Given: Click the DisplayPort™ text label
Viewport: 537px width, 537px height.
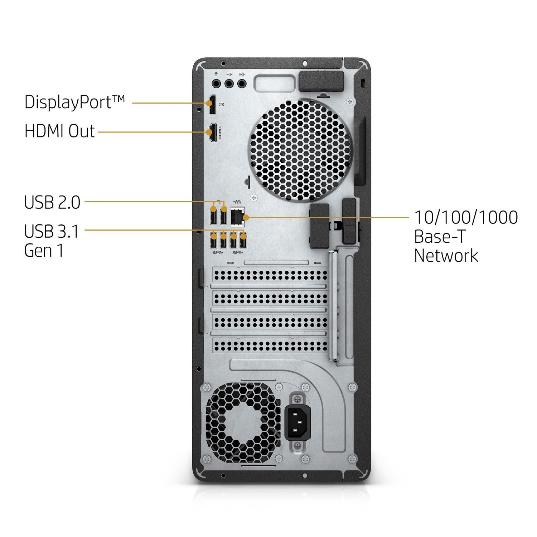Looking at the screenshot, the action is [x=74, y=102].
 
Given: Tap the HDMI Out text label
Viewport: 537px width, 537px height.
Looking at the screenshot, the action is [x=59, y=131].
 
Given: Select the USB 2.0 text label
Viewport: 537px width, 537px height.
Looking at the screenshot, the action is [x=52, y=202].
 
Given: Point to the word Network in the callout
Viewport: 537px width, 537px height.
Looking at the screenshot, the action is [x=446, y=256].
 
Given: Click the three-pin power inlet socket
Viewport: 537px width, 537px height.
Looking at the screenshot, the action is [x=297, y=423].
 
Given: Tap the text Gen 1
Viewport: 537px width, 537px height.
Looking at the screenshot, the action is [x=44, y=251].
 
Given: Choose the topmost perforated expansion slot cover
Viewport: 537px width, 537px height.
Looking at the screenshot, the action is [x=270, y=275].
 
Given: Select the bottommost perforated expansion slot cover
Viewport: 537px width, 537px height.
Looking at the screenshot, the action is [x=270, y=345].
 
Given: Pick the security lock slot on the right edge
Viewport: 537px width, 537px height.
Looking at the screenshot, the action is [x=363, y=83].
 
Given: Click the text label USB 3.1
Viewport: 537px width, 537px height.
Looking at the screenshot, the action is [x=52, y=231].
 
